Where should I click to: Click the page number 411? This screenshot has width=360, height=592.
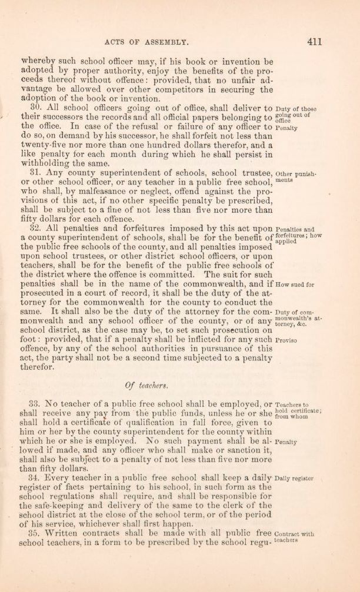pos(314,42)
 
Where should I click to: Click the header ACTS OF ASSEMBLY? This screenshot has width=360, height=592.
pos(145,42)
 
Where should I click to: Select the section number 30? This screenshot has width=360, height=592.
pos(34,109)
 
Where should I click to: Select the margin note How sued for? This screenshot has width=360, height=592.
pos(295,284)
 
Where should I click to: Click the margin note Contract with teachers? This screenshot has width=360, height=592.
pos(294,537)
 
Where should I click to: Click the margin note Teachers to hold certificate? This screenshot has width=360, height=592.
pos(297,410)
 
